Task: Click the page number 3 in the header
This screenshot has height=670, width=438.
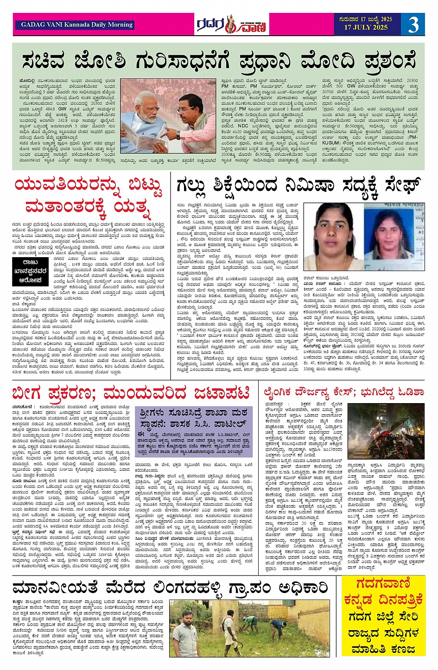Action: (413, 25)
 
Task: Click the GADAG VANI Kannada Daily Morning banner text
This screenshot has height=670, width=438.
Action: (76, 25)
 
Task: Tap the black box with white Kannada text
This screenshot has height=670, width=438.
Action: (30, 272)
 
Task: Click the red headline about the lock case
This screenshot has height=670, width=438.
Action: (131, 393)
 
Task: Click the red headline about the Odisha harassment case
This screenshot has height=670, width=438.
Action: (343, 392)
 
